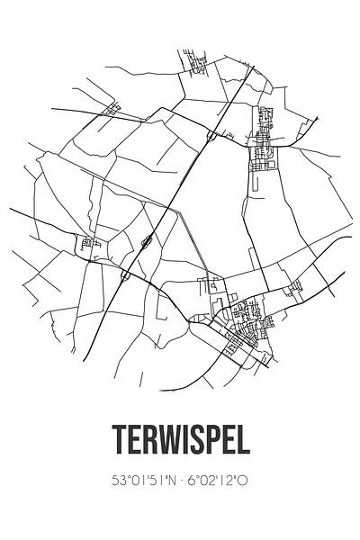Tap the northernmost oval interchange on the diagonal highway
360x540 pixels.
pyautogui.click(x=210, y=136)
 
